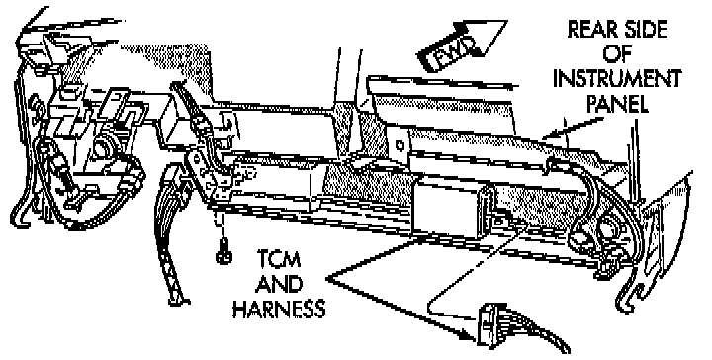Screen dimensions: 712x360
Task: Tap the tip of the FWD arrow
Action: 506,22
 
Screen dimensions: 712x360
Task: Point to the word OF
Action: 617,54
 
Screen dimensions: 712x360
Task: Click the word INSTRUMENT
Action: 617,79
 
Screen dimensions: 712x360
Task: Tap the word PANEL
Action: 617,104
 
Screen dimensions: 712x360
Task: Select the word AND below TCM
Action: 279,284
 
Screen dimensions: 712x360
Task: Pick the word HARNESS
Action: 279,309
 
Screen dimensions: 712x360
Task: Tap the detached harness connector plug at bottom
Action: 489,324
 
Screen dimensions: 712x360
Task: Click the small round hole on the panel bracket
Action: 400,146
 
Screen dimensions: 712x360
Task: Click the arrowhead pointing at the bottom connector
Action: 470,337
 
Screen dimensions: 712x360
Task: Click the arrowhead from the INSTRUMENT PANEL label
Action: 549,135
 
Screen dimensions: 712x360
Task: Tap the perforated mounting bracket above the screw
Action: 212,177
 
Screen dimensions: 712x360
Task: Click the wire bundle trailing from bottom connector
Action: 536,326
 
